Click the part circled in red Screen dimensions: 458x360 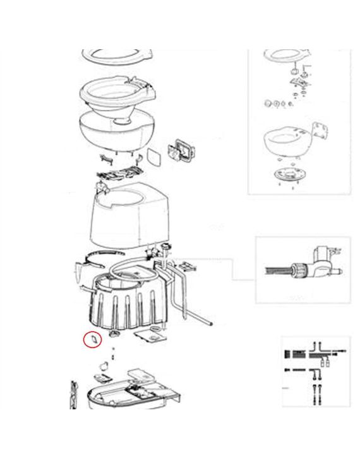pyautogui.click(x=92, y=339)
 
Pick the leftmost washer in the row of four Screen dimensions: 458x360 pyautogui.click(x=265, y=103)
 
